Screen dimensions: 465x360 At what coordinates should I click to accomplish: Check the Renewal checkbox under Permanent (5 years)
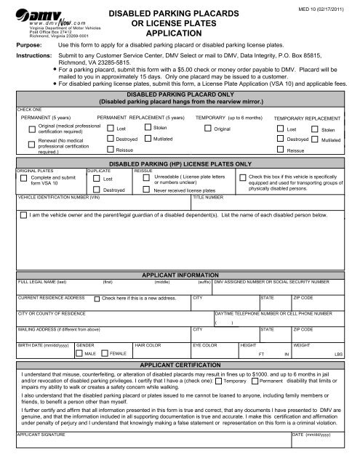pyautogui.click(x=31, y=147)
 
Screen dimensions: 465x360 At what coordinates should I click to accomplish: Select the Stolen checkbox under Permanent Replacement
pyautogui.click(x=149, y=127)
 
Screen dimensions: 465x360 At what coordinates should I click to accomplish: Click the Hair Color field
pyautogui.click(x=160, y=351)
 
